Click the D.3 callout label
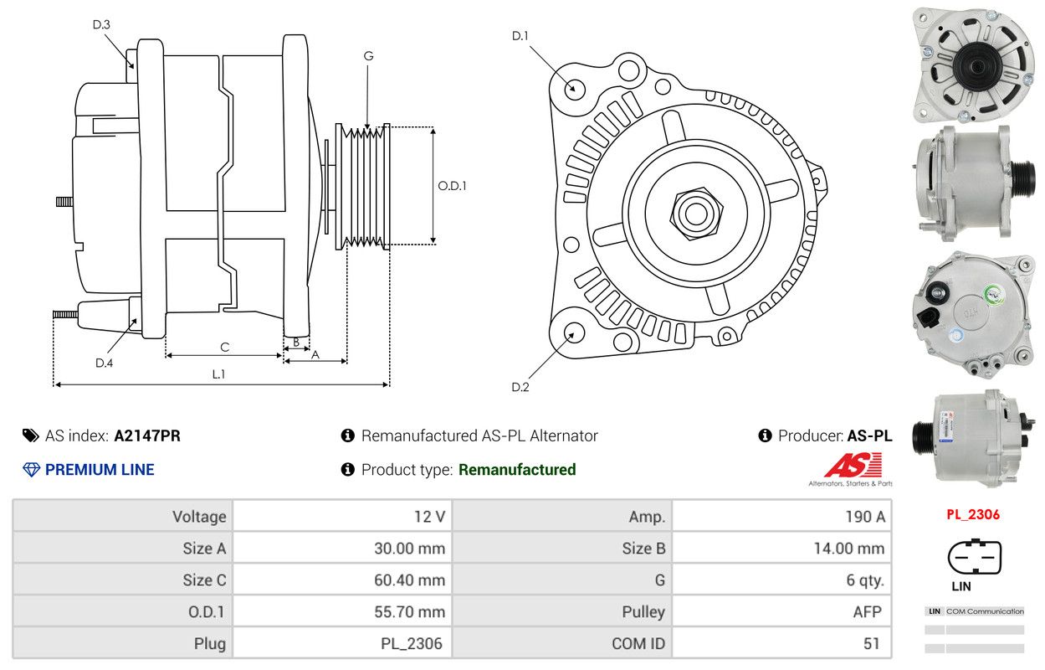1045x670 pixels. click(101, 24)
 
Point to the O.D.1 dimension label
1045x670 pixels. click(452, 186)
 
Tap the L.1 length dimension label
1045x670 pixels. click(218, 374)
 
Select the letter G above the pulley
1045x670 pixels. click(368, 56)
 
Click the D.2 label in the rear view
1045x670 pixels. click(520, 387)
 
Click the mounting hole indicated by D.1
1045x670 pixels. click(574, 88)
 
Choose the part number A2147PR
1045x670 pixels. click(147, 435)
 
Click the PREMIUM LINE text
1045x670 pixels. click(100, 470)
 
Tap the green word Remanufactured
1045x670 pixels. click(517, 470)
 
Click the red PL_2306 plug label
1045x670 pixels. click(973, 514)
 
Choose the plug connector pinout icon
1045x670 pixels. click(974, 556)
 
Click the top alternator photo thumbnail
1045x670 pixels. click(973, 63)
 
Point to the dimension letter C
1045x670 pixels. click(224, 347)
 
